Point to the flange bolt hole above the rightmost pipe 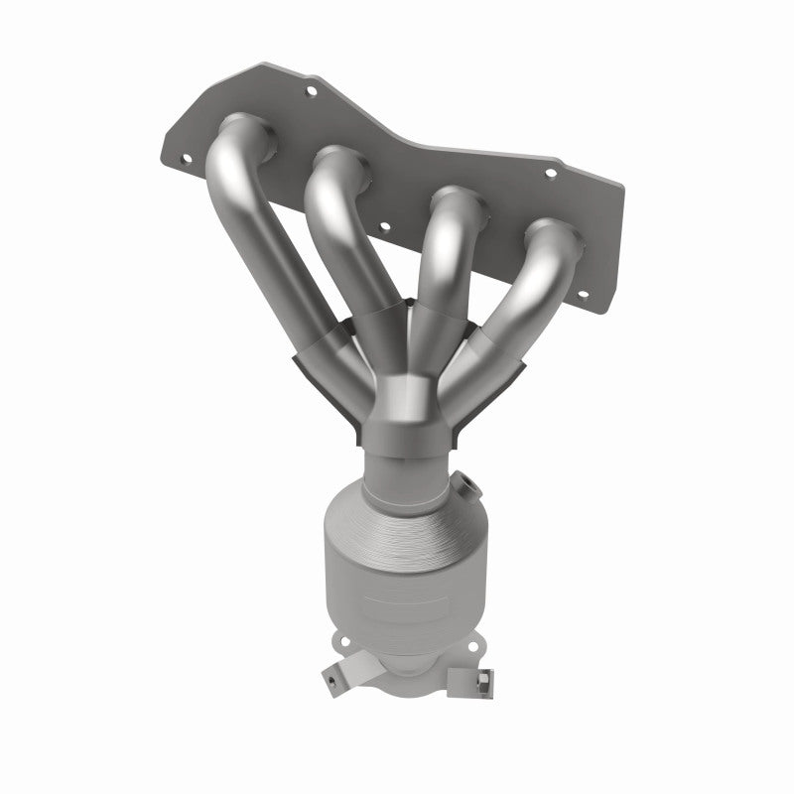coord(551,173)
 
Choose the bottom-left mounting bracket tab coord(332,680)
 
